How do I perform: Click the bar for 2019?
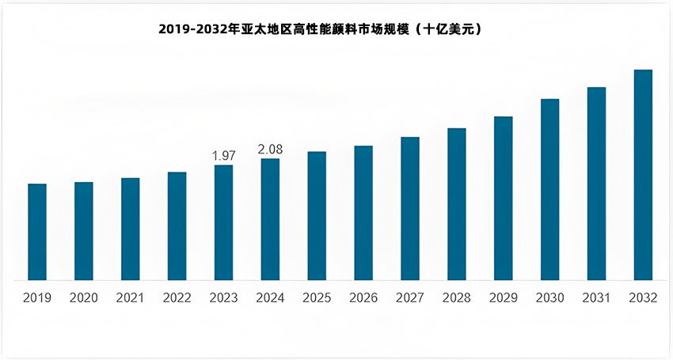click(37, 232)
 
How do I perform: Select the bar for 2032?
click(643, 175)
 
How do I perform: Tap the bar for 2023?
click(223, 222)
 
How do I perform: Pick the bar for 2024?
click(270, 219)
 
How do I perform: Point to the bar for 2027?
click(409, 208)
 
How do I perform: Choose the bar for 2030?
click(549, 189)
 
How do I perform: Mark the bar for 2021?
click(130, 229)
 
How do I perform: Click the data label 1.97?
click(224, 156)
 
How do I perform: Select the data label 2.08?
click(270, 150)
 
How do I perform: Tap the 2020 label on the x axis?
click(84, 298)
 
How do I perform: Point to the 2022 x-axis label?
click(177, 298)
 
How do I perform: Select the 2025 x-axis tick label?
click(317, 298)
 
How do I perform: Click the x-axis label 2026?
click(363, 298)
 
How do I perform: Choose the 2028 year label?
click(456, 298)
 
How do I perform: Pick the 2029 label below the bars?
click(503, 298)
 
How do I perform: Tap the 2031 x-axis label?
click(596, 298)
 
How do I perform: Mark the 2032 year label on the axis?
click(643, 298)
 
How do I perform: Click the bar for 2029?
click(503, 198)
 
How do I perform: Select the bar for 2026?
click(363, 213)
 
